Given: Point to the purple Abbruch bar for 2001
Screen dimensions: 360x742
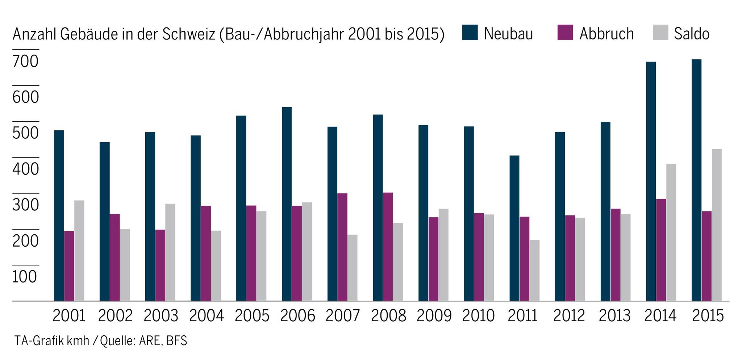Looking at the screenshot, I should (69, 266).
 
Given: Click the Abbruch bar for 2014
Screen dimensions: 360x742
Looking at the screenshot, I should (661, 250).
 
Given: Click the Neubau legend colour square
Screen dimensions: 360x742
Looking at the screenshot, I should (470, 33).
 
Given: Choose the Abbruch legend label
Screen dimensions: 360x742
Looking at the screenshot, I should (606, 34).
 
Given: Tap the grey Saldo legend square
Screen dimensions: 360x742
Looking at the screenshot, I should (660, 33).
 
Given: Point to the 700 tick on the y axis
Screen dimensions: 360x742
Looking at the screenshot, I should (25, 62).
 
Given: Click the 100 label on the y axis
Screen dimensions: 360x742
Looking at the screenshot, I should (25, 277).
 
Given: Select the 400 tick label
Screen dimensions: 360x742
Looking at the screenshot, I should (25, 169).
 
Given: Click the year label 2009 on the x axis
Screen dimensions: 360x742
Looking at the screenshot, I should (434, 316).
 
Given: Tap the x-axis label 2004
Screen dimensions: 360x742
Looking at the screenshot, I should (207, 316).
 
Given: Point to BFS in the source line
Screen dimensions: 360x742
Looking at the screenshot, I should (177, 341).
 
